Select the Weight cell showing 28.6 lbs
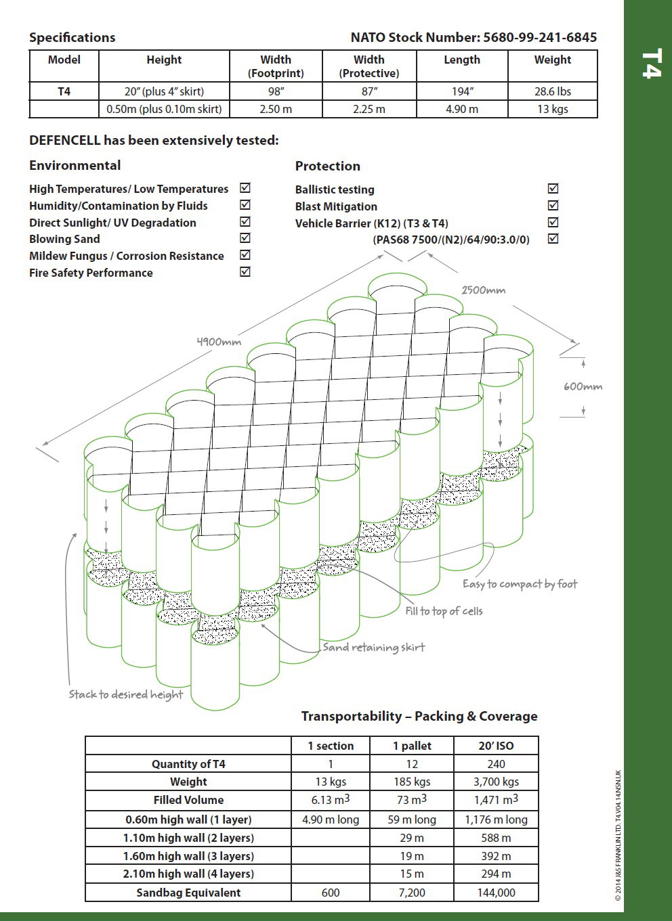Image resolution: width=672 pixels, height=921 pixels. [552, 91]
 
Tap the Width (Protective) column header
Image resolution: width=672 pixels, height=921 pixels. [369, 66]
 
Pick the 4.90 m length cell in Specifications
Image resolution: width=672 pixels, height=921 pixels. [461, 109]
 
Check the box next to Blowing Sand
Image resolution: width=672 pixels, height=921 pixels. [245, 238]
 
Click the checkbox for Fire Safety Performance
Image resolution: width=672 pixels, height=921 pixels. [245, 272]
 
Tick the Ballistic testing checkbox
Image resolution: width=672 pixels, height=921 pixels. [553, 189]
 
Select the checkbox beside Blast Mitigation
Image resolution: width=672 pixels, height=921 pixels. [553, 206]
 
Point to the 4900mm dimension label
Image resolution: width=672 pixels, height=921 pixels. [219, 342]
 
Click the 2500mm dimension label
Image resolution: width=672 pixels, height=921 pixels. [483, 290]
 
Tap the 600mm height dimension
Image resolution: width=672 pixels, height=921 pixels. [583, 386]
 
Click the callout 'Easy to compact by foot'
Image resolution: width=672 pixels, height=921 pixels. [520, 584]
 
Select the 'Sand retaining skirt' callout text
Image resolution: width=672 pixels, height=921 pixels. [373, 648]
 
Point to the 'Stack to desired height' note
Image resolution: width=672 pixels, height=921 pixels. [126, 694]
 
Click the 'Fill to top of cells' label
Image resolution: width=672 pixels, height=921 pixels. [444, 611]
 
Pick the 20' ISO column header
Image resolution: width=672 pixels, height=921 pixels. [496, 746]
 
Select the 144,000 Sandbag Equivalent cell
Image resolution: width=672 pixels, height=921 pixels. [496, 893]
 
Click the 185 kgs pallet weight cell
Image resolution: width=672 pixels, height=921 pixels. [412, 782]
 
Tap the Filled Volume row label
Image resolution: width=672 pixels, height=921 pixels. [188, 800]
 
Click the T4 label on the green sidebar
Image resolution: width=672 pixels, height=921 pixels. [650, 64]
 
